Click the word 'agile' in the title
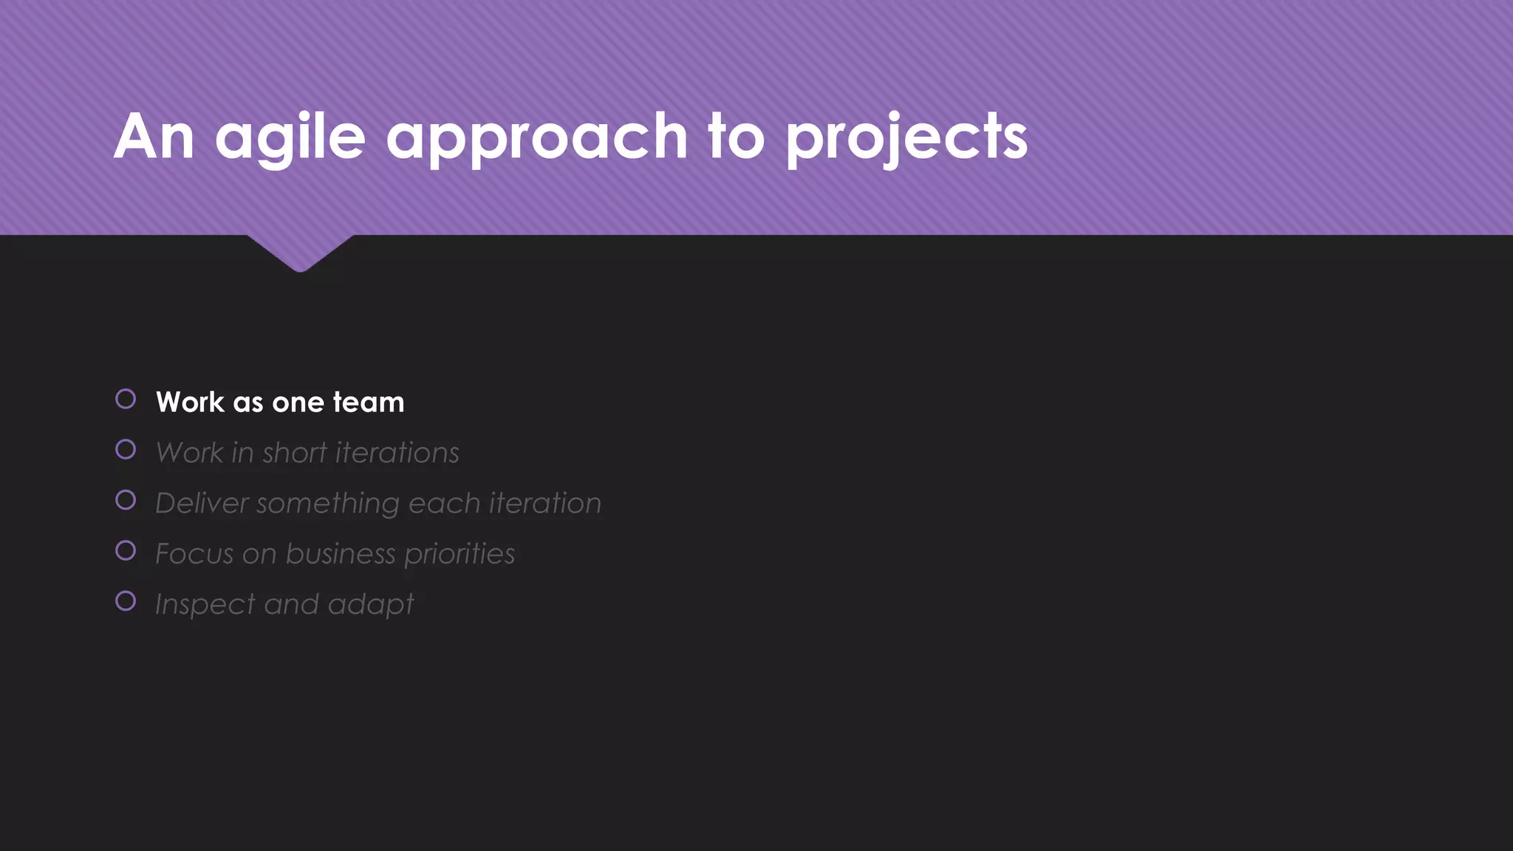coord(290,137)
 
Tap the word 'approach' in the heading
coord(537,137)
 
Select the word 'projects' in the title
coord(906,137)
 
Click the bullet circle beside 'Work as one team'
coord(126,400)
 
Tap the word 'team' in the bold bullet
coord(368,403)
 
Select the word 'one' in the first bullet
coord(298,403)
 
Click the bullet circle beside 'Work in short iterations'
coord(126,450)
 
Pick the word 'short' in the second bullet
coord(294,453)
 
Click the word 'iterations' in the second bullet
coord(397,453)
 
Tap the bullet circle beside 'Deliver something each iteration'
coord(126,500)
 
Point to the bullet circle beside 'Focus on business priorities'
coord(126,550)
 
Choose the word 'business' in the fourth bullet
coord(341,554)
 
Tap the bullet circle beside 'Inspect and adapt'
coord(126,601)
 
